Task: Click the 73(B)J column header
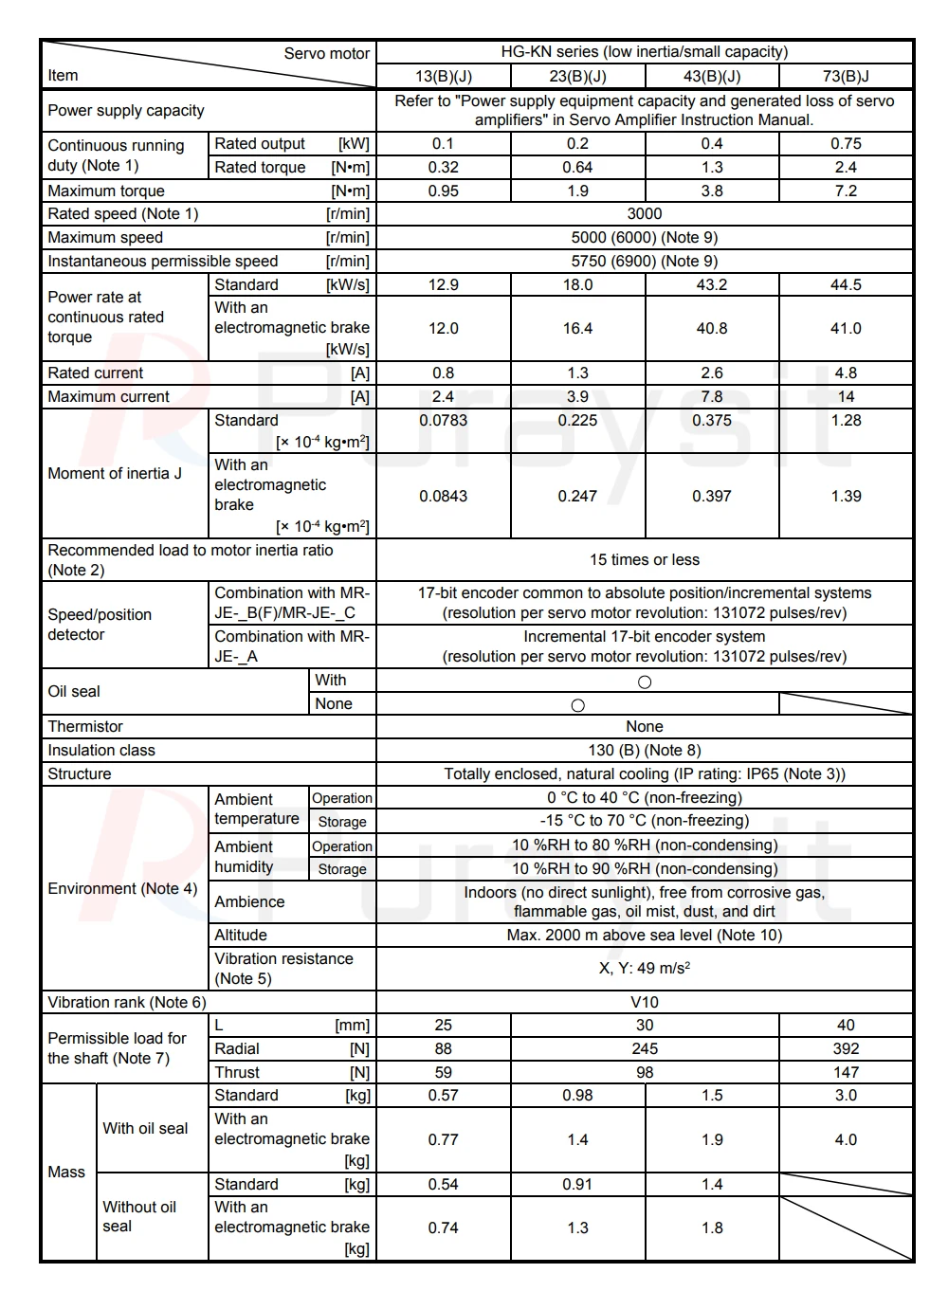coord(846,76)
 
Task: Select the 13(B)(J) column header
coord(443,76)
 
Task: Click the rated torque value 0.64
coord(577,167)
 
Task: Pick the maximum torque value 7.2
coord(846,191)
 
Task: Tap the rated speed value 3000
coord(644,214)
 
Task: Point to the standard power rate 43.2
coord(712,284)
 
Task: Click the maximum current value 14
coord(846,396)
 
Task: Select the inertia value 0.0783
coord(443,420)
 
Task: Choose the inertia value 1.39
coord(846,496)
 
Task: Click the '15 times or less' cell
coord(644,559)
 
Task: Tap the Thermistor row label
coord(85,726)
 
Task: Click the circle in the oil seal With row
coord(645,682)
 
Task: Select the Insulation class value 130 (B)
coord(644,750)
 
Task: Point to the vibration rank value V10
coord(644,1002)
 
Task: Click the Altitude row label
coord(241,935)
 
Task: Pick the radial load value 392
coord(846,1048)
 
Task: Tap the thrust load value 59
coord(443,1072)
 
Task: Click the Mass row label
coord(66,1172)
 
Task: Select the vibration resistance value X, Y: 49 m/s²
coord(644,968)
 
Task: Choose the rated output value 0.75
coord(846,143)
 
